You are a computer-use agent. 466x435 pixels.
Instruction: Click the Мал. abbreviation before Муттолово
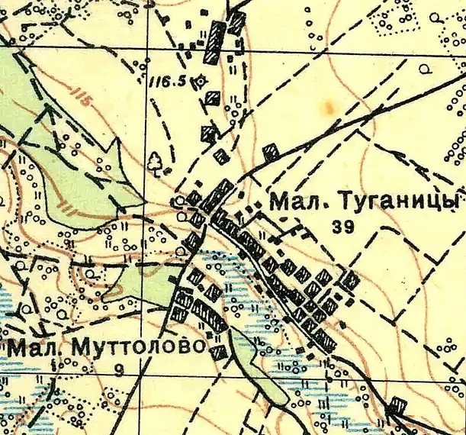point(37,348)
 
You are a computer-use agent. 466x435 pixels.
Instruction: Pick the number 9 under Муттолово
point(117,372)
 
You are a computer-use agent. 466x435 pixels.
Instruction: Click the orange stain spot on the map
point(329,107)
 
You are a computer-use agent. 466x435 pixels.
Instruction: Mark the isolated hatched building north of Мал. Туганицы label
point(269,150)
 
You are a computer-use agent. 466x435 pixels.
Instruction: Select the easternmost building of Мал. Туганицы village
point(350,281)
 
